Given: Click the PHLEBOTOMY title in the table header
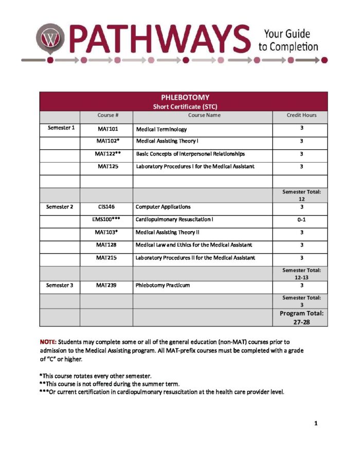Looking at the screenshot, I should [185, 97].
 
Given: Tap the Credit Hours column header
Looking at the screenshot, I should [301, 115].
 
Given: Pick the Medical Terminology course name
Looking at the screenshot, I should [161, 129].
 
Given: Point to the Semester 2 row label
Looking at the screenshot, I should [60, 207].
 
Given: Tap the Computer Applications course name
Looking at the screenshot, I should [163, 207].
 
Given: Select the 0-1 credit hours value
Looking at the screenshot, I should [301, 220].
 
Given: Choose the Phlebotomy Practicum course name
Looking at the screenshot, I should [163, 285].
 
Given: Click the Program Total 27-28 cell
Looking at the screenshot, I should [301, 317].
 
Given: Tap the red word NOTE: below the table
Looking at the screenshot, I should [48, 342].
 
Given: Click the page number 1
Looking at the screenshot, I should [316, 423].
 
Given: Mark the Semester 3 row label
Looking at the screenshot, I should [60, 285].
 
